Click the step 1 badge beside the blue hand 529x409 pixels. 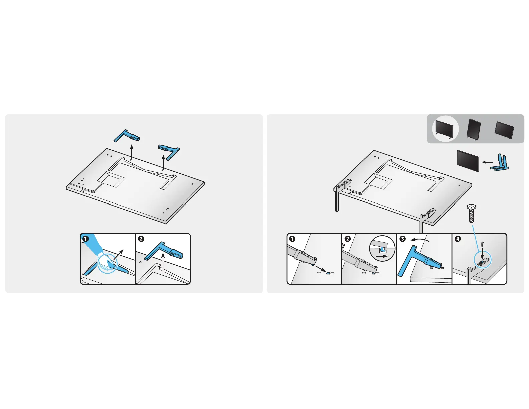pos(85,239)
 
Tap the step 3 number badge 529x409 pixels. pos(403,239)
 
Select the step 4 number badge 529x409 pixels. pos(458,239)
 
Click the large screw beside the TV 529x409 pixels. pos(471,213)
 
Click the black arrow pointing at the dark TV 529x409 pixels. pos(487,162)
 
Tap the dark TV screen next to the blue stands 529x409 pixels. pos(468,161)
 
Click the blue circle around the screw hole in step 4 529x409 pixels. pos(482,260)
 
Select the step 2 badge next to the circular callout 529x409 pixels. pos(348,239)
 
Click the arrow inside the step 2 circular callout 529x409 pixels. pos(382,256)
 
